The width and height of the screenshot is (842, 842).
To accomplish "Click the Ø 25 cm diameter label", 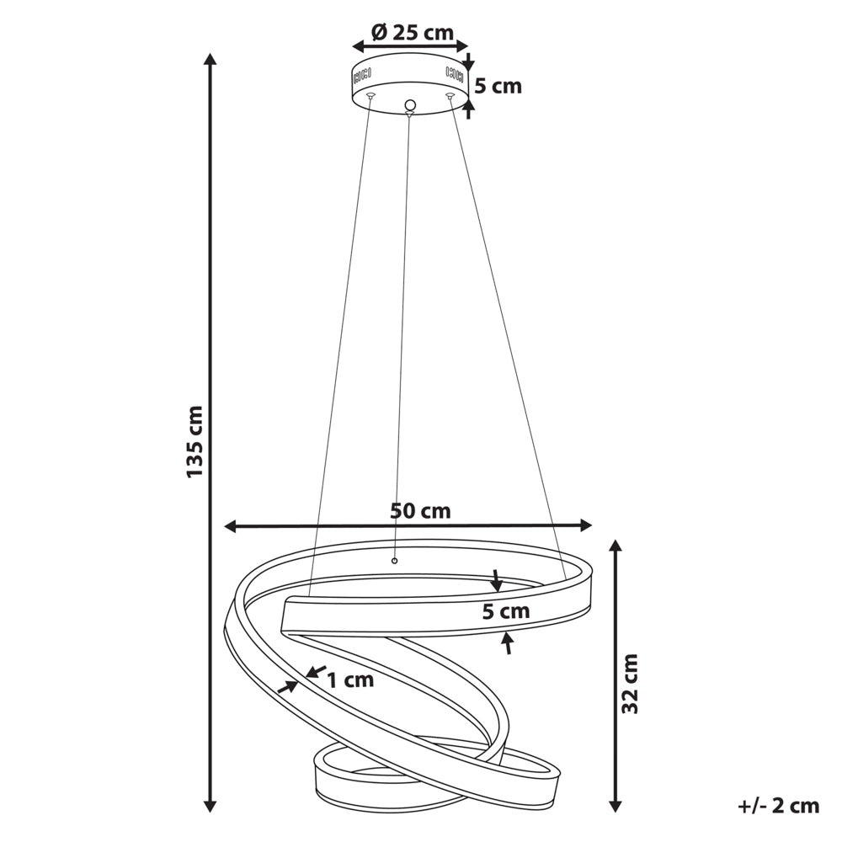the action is click(413, 33).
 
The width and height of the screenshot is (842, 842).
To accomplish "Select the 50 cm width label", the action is click(420, 511).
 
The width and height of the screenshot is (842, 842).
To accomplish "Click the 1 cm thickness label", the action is click(350, 679).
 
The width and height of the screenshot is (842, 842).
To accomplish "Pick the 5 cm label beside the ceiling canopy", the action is click(498, 86).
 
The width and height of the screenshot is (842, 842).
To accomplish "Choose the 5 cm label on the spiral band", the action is click(506, 611).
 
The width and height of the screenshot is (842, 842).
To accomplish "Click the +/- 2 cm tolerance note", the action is click(779, 806).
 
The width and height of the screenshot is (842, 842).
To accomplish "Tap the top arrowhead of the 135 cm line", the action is click(210, 58).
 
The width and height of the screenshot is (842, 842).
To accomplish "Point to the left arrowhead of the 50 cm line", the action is click(231, 526).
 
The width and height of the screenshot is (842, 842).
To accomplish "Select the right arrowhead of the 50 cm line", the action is click(585, 525).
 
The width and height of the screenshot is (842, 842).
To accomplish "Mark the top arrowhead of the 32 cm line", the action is click(616, 546).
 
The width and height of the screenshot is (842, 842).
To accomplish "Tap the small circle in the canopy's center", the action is click(410, 104).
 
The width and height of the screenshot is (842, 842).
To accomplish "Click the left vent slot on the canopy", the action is click(362, 76).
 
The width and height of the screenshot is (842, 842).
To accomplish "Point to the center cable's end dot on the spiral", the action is click(395, 561).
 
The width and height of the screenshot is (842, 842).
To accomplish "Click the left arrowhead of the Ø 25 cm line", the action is click(358, 47).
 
